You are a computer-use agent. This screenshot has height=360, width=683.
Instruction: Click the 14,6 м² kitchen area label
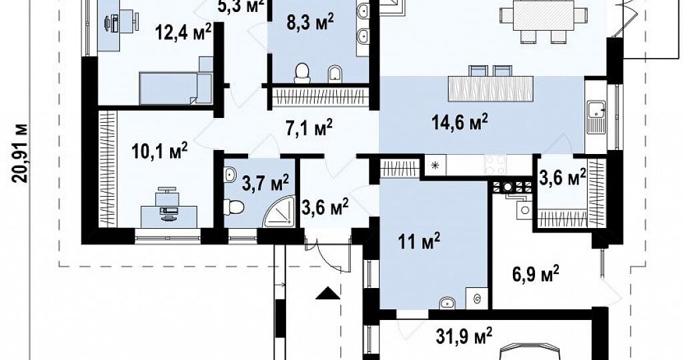coord(460,122)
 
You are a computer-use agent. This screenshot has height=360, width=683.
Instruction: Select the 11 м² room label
coord(419,241)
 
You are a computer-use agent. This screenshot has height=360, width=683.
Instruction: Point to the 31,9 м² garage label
coord(464,335)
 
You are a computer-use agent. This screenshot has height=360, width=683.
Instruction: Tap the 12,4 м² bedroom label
coord(184,32)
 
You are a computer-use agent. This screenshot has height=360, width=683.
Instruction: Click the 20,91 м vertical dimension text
coord(21,153)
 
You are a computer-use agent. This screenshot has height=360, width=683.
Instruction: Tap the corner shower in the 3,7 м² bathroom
coord(279,211)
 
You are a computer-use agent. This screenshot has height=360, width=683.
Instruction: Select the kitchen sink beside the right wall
coord(594,117)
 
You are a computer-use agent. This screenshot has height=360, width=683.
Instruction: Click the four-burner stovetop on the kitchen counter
coord(496,165)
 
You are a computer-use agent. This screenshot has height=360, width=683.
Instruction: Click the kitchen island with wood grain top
coord(490,88)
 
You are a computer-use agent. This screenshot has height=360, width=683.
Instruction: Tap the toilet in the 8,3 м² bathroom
coord(302,73)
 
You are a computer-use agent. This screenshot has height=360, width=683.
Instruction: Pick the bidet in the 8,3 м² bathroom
coord(335,73)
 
